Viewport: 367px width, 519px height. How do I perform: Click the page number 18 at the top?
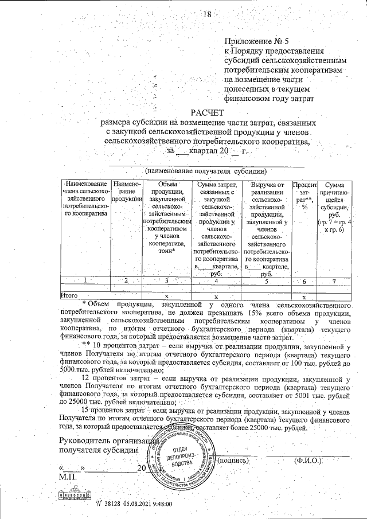207,14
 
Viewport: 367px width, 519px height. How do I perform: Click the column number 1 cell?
85,280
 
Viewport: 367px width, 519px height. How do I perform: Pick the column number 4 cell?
216,280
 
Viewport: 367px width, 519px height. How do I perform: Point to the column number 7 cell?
334,280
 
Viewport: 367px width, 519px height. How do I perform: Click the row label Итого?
69,295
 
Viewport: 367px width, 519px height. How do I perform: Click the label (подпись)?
233,460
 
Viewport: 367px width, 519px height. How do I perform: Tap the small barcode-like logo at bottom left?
73,495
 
